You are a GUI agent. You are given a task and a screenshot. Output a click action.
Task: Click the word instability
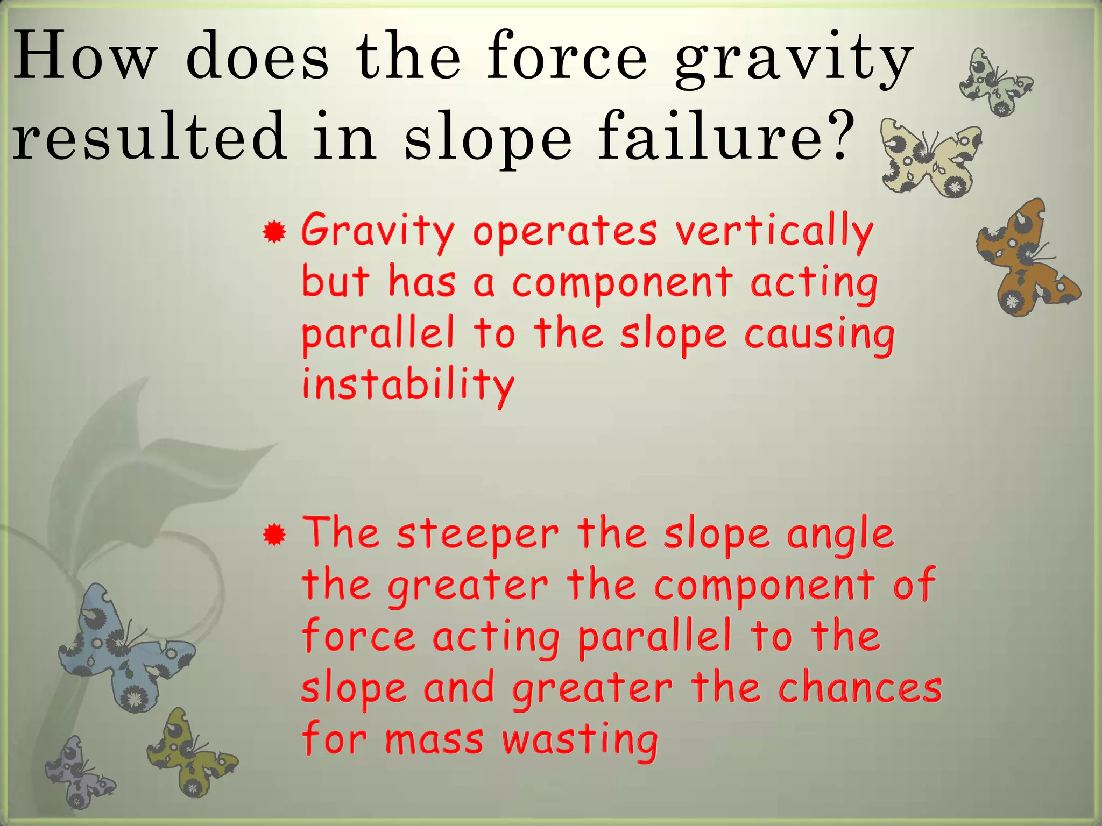click(x=408, y=385)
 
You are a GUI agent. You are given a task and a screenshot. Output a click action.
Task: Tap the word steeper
click(x=478, y=535)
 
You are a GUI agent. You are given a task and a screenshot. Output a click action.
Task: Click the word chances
click(x=860, y=688)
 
